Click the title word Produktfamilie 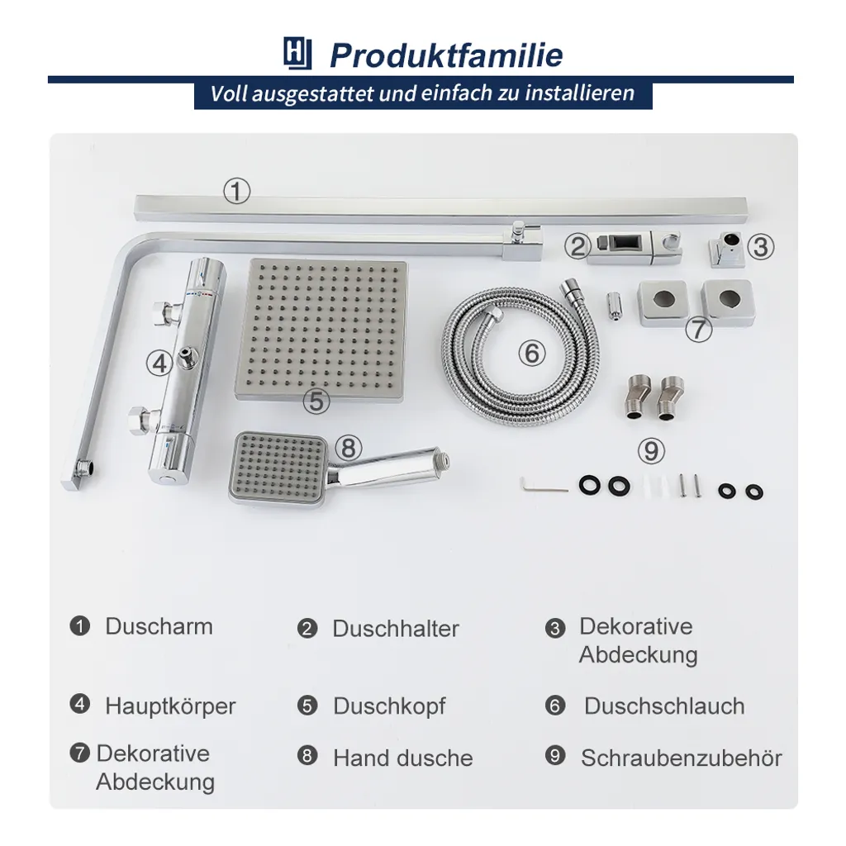click(x=446, y=55)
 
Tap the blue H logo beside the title click(x=297, y=55)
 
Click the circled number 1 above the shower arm click(x=236, y=192)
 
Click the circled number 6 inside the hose click(x=532, y=354)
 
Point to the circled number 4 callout click(x=159, y=362)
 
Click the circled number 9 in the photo click(x=652, y=451)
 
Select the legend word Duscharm click(x=159, y=626)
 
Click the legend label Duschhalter click(x=396, y=629)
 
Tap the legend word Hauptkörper click(x=170, y=706)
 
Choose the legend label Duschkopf click(x=389, y=706)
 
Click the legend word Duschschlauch click(x=664, y=706)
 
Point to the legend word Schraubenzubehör click(x=681, y=758)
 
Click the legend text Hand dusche click(x=403, y=758)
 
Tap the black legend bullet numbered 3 click(x=555, y=629)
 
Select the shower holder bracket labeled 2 click(x=634, y=247)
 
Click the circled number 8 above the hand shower click(x=349, y=448)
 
